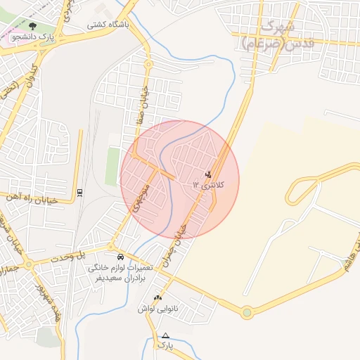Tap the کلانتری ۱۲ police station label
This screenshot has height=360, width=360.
[209, 185]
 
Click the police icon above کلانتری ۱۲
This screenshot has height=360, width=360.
[208, 174]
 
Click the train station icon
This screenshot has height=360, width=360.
[79, 192]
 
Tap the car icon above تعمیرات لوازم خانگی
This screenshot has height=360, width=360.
[121, 257]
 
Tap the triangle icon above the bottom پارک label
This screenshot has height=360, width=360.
[165, 336]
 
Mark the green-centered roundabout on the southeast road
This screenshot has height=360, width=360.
[247, 312]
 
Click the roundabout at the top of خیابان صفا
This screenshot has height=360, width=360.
[148, 65]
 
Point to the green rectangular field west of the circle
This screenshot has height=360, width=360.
[112, 165]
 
